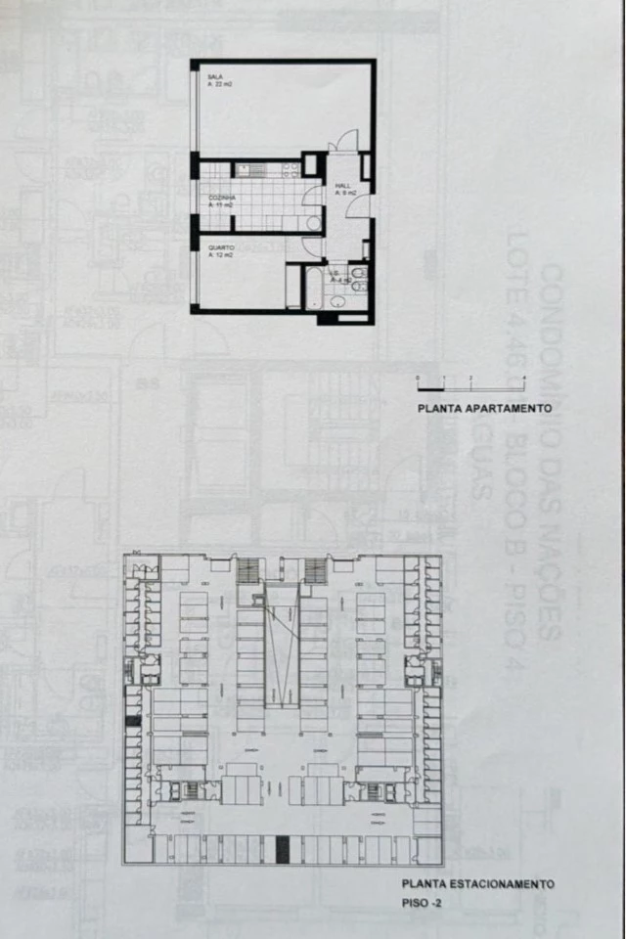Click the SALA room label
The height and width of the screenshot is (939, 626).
coord(214,76)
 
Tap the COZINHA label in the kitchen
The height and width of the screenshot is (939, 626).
coord(221,197)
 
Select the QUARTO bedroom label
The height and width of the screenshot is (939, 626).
coord(220,247)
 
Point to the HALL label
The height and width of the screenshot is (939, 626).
coord(343,186)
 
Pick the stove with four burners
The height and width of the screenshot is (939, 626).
coord(291,170)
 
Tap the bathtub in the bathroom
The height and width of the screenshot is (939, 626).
coord(293,285)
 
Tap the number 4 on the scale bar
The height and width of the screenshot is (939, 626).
coord(524,378)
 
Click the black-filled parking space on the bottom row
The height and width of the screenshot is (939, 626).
coord(283,848)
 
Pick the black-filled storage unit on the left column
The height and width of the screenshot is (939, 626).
coord(133,721)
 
